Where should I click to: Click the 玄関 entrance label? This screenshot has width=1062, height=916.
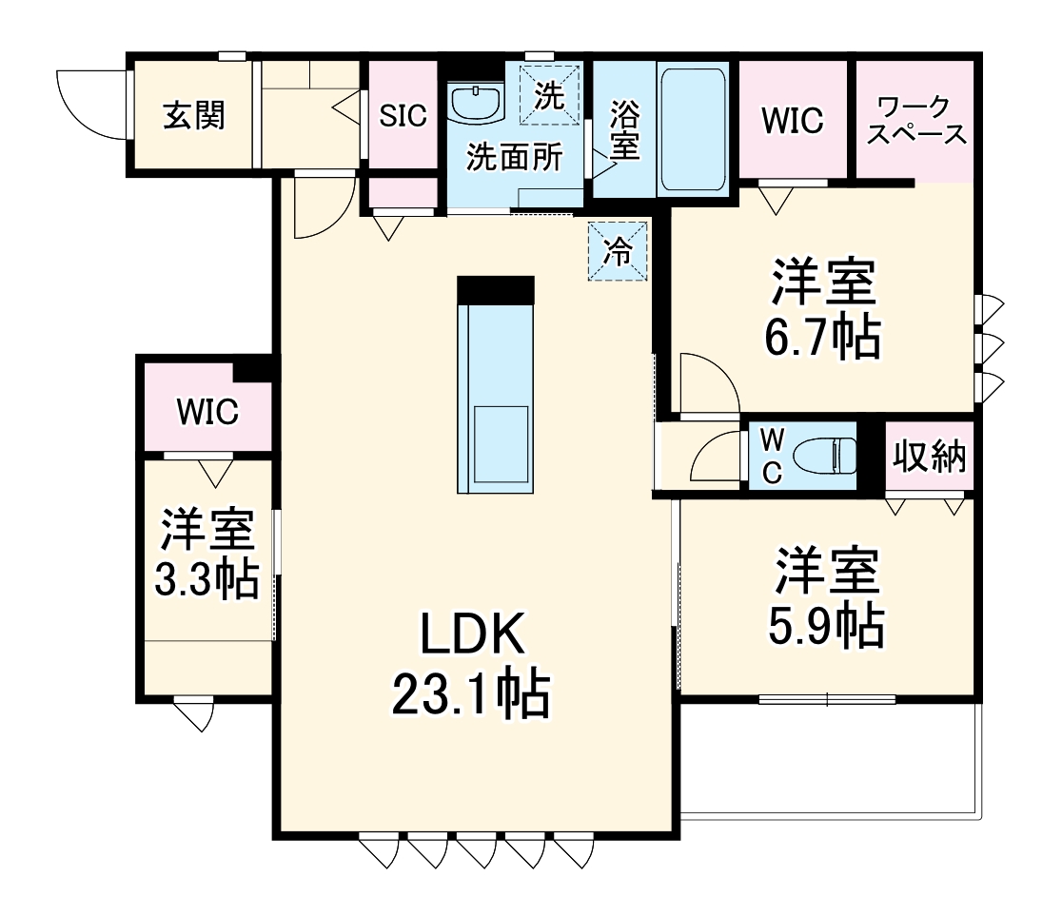193,115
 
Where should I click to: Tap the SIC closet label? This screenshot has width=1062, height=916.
403,115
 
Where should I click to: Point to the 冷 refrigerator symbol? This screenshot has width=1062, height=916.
618,251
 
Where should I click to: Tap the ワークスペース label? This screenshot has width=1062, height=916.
917,119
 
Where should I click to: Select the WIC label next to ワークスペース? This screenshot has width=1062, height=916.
792,121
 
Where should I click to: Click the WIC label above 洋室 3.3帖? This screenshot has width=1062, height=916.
206,412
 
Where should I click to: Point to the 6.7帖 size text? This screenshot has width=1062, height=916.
824,337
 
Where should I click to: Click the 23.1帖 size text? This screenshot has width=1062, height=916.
473,695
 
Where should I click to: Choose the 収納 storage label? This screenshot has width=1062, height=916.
929,457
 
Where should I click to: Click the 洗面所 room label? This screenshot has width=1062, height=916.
513,157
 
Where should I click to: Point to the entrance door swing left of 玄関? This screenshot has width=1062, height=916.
90,103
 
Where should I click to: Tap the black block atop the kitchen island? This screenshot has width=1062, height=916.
495,289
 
